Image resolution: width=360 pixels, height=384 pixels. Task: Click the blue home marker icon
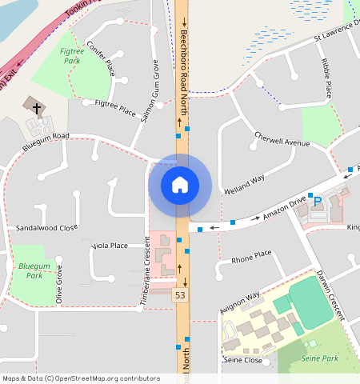180,185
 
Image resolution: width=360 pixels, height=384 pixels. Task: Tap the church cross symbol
34,106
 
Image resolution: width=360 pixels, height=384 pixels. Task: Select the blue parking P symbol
318,202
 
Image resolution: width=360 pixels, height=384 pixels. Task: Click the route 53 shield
181,296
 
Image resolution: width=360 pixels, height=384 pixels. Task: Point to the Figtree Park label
71,55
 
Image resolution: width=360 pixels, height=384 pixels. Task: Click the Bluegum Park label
34,270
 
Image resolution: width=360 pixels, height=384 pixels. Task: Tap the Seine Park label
318,358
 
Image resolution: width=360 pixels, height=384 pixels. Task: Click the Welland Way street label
246,180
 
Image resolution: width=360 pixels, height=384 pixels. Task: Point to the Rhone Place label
251,258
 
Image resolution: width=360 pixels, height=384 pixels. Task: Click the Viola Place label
110,246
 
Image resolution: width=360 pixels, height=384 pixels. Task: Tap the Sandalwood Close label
47,228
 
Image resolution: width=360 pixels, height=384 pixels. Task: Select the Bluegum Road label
46,141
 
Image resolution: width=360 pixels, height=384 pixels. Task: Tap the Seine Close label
242,360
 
